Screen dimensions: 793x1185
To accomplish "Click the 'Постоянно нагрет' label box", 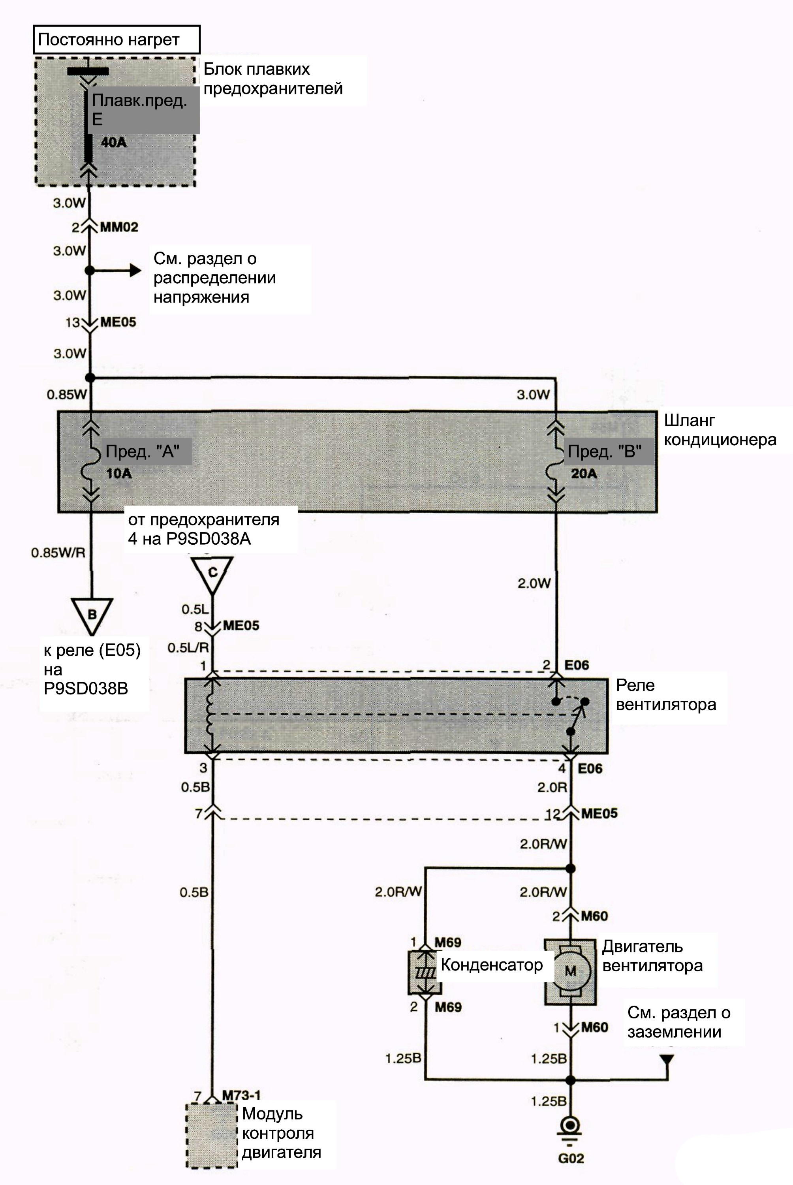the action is click(117, 39).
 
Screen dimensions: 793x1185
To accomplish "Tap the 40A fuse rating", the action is click(113, 142).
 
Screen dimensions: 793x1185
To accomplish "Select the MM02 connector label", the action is click(119, 227).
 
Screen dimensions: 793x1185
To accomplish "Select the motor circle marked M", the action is click(571, 971).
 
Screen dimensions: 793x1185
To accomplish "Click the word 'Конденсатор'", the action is click(492, 965).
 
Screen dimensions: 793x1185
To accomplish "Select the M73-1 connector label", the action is click(241, 1095).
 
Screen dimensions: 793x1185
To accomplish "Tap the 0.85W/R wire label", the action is click(58, 552).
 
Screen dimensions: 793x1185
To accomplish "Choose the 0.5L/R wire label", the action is click(188, 647).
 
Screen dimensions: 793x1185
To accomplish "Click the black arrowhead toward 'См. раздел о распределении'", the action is click(135, 271).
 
